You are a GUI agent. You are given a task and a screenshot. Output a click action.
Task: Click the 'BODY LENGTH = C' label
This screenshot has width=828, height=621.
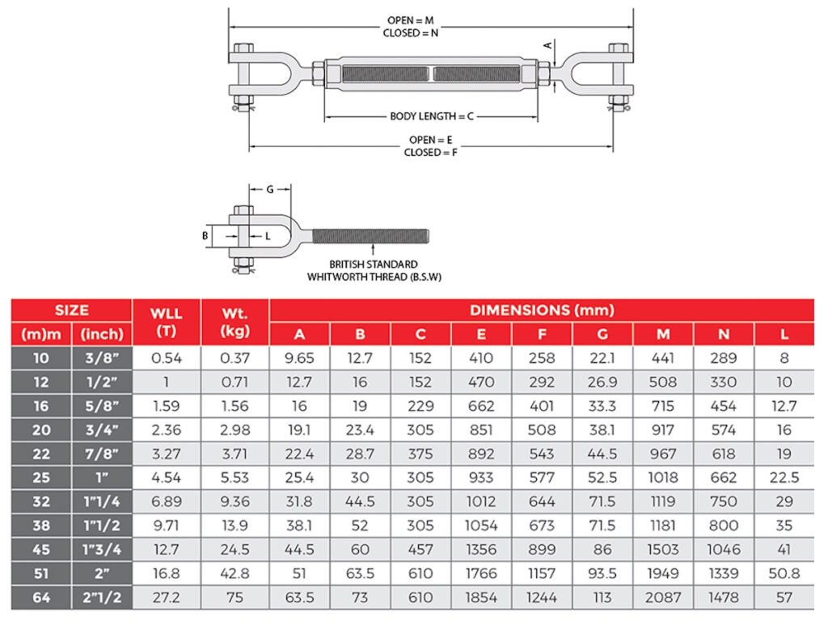[431, 116]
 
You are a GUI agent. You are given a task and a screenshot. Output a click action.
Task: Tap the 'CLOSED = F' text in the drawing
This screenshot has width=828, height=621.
[430, 153]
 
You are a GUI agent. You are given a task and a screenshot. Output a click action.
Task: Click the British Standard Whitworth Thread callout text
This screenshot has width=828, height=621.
[374, 270]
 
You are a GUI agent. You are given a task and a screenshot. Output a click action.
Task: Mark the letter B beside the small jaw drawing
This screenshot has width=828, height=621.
[205, 236]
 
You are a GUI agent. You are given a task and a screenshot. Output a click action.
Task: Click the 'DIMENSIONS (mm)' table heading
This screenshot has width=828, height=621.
[542, 310]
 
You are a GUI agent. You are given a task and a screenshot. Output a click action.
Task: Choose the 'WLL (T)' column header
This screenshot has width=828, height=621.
[167, 322]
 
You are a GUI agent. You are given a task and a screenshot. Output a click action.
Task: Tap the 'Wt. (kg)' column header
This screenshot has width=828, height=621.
[234, 322]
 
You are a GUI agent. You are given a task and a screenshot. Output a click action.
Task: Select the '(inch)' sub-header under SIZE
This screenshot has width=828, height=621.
[102, 334]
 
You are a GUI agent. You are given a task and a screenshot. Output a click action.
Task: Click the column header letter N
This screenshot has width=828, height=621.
[724, 334]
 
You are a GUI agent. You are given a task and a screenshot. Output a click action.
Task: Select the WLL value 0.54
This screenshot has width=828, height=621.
[167, 358]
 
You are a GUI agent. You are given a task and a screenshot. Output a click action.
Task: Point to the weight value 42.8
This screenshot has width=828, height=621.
[234, 573]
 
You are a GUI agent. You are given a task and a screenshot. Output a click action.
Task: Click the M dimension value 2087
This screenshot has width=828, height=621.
[662, 598]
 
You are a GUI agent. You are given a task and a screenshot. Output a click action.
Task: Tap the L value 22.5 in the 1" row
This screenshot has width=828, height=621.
[784, 478]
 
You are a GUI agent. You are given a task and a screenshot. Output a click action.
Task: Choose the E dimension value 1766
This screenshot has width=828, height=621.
[481, 573]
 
